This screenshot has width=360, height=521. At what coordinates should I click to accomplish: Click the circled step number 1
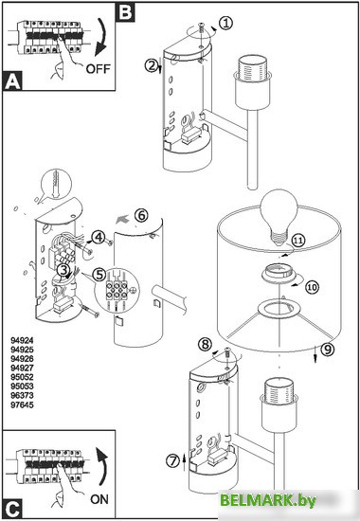pyautogui.click(x=226, y=24)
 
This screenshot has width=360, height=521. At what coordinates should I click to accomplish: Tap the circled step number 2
pyautogui.click(x=152, y=65)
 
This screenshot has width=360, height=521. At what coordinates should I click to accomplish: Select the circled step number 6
pyautogui.click(x=141, y=215)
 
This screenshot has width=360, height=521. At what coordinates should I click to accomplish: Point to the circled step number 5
pyautogui.click(x=99, y=275)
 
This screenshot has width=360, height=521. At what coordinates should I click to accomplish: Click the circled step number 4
pyautogui.click(x=99, y=237)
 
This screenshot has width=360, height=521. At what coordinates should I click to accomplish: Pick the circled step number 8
pyautogui.click(x=205, y=344)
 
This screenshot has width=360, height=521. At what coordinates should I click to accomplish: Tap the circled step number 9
pyautogui.click(x=328, y=349)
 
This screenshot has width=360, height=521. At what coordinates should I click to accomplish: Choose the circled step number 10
pyautogui.click(x=312, y=287)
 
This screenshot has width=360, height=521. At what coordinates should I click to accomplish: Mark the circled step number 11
pyautogui.click(x=298, y=241)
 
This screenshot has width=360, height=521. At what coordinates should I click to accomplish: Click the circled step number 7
pyautogui.click(x=172, y=461)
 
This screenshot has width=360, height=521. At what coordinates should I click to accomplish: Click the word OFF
pyautogui.click(x=99, y=69)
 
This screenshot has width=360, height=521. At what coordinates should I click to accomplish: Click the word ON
pyautogui.click(x=99, y=499)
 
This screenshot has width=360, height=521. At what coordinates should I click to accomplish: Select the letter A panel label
pyautogui.click(x=12, y=81)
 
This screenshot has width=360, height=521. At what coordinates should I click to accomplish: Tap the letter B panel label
pyautogui.click(x=125, y=12)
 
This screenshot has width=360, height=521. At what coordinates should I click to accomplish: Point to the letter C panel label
pyautogui.click(x=12, y=509)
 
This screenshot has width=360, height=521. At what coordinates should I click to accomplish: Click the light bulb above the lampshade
pyautogui.click(x=279, y=216)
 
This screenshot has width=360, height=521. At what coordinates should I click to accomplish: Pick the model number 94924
pyautogui.click(x=22, y=341)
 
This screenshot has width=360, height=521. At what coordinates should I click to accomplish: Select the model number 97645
pyautogui.click(x=22, y=405)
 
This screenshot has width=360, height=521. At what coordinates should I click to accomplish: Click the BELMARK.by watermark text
pyautogui.click(x=268, y=500)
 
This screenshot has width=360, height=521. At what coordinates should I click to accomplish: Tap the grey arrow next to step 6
pyautogui.click(x=123, y=218)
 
